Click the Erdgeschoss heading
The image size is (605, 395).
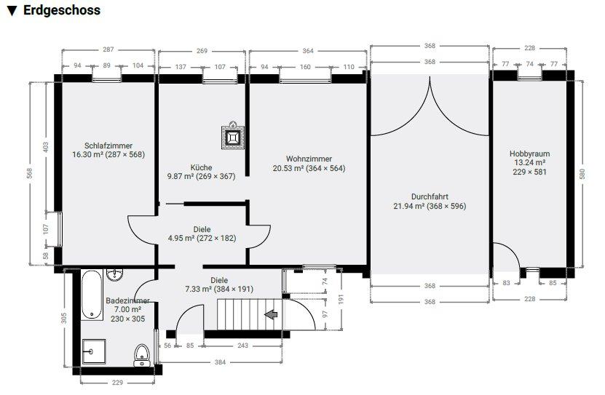[62, 10]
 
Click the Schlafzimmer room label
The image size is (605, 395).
[108, 145]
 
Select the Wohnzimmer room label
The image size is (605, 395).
[309, 159]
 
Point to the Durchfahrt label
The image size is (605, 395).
[430, 196]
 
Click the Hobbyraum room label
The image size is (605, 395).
[529, 153]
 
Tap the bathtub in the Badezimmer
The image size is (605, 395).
[92, 295]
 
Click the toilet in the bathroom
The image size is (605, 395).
[142, 355]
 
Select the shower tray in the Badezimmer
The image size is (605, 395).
[94, 351]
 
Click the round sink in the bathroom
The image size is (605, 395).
[114, 274]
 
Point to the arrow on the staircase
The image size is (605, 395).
[271, 314]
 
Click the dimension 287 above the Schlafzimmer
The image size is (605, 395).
[108, 49]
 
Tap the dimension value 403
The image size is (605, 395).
[46, 147]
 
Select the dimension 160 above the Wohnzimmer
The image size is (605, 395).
[305, 67]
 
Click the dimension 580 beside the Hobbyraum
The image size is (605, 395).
[582, 174]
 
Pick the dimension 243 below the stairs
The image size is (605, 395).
[242, 346]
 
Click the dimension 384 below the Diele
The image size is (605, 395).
[220, 362]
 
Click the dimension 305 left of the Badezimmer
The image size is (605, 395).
[64, 318]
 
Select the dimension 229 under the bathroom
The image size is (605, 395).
[117, 383]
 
